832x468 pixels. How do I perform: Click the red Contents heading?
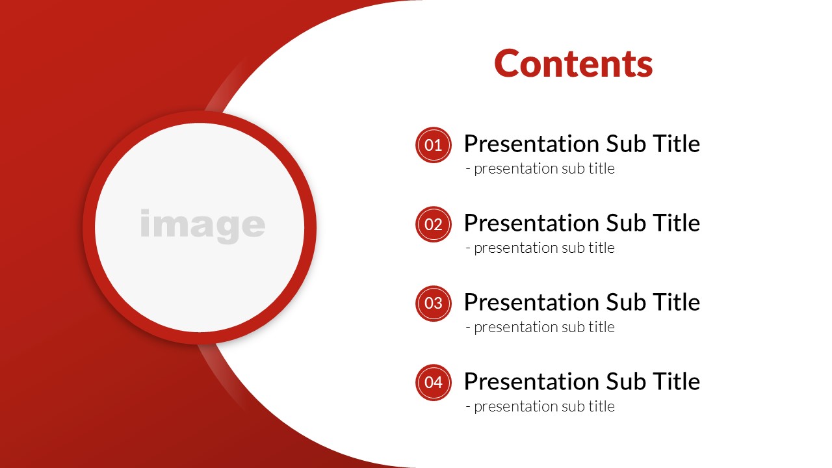tap(573, 64)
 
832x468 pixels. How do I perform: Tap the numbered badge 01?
tap(433, 145)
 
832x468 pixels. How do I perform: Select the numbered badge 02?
tap(433, 224)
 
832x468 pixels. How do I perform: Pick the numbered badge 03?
tap(433, 304)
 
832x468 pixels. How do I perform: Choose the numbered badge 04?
tap(433, 383)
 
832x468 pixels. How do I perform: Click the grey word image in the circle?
tap(202, 226)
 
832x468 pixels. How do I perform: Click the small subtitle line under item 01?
tap(540, 168)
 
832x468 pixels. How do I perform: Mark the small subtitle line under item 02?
tap(540, 248)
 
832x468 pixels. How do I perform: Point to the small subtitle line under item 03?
tap(540, 327)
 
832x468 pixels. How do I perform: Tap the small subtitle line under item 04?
tap(540, 406)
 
